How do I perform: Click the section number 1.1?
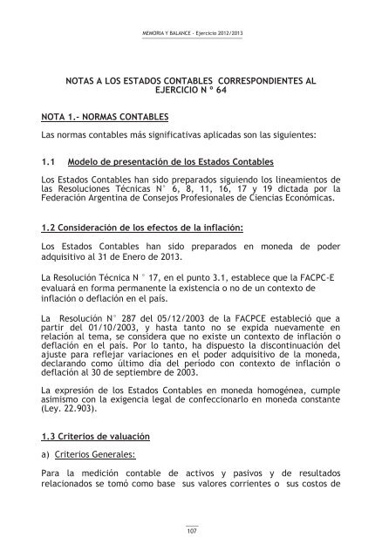pos(49,163)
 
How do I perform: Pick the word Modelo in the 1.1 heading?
pos(95,163)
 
